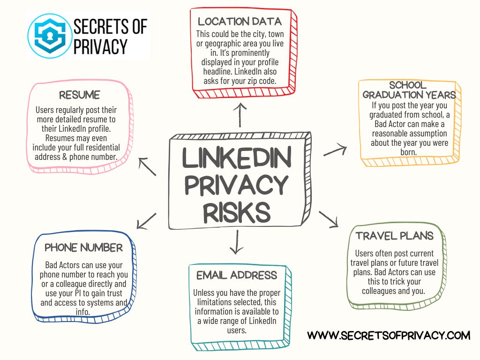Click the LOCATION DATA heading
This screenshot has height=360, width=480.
point(240,21)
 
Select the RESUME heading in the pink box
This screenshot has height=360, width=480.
point(79,95)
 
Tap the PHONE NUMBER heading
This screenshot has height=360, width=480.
point(83,247)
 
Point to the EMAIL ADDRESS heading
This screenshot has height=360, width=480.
point(237,275)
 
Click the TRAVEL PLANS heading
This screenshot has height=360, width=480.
point(394,235)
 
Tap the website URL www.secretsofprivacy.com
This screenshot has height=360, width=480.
point(389,335)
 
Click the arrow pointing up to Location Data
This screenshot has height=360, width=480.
point(240,114)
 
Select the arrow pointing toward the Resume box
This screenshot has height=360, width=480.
point(147,166)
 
